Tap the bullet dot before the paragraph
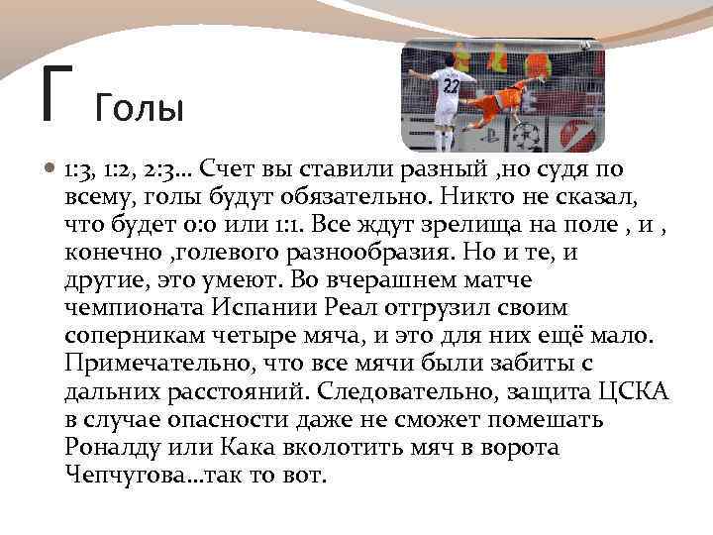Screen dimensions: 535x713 [51, 170]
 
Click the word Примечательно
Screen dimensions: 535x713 [149, 364]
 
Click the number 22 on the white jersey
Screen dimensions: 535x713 [451, 86]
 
